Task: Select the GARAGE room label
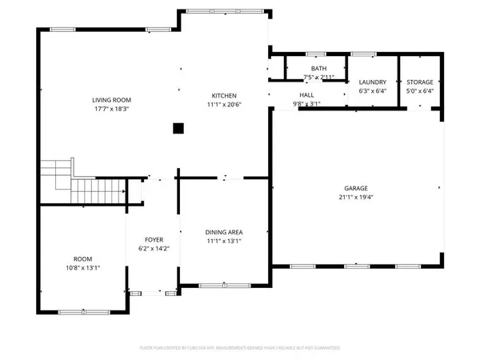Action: click(x=356, y=188)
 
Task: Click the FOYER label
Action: click(x=154, y=240)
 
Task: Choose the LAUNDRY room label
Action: click(x=373, y=82)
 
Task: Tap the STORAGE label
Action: click(x=419, y=82)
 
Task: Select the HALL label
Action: click(x=306, y=94)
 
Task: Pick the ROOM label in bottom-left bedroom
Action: click(x=83, y=259)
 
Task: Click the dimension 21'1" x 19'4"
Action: click(x=356, y=197)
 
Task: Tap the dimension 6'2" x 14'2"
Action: click(x=154, y=249)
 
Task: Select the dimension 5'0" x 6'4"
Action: click(x=419, y=91)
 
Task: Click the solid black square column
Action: click(x=179, y=127)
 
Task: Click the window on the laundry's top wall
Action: click(x=364, y=54)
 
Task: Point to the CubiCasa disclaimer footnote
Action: click(x=240, y=348)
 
